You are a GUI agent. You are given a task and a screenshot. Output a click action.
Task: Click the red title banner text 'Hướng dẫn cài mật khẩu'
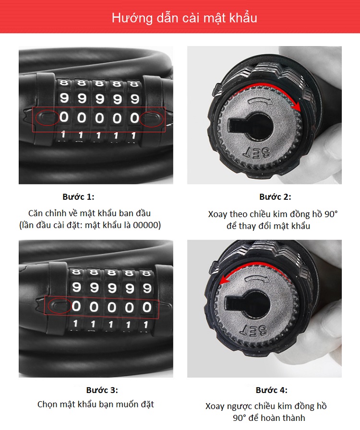[184, 18]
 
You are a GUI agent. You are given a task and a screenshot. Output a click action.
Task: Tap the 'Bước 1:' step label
[78, 197]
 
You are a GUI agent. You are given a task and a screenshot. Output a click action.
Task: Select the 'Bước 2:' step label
[275, 197]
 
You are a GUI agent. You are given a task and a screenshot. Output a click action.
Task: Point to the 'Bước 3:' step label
[102, 390]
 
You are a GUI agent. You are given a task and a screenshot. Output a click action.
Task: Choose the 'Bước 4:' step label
[272, 390]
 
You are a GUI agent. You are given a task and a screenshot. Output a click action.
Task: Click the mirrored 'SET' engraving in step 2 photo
[257, 153]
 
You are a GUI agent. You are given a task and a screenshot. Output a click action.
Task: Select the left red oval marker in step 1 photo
[47, 118]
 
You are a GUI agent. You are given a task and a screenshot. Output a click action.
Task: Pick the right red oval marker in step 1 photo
[152, 119]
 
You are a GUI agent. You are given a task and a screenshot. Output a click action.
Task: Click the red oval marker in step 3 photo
[60, 306]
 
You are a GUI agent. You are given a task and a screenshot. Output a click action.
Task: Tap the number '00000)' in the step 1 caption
[147, 225]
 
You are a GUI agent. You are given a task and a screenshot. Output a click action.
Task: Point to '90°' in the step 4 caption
[240, 418]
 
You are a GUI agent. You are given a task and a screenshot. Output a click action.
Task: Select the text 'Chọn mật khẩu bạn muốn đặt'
[96, 405]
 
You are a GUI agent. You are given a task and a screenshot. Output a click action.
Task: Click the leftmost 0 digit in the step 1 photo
[64, 117]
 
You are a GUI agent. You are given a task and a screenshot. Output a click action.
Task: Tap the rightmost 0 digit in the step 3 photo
[147, 307]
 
